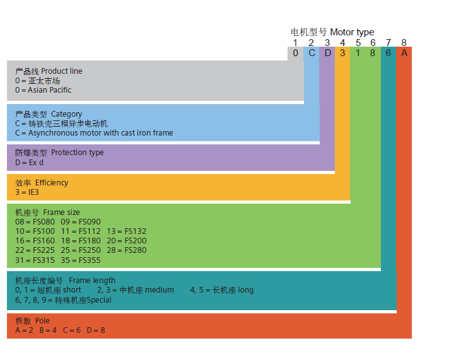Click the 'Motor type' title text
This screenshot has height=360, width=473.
pos(352,32)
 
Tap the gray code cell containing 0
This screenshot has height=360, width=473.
pos(296,53)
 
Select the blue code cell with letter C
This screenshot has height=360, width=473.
pos(312,53)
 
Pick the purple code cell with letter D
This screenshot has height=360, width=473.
pos(327,53)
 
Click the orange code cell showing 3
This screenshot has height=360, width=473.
pos(342,53)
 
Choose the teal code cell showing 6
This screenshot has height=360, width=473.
pos(388,53)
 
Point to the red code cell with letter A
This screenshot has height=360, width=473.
pos(404,53)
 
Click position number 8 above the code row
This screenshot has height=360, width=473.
pos(404,42)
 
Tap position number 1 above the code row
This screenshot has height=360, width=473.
pos(296,42)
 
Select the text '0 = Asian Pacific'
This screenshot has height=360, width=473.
pos(44,90)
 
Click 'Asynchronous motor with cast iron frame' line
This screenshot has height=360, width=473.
pos(100,133)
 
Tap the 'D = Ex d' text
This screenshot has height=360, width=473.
pos(30,162)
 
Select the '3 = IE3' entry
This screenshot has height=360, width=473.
pos(27,192)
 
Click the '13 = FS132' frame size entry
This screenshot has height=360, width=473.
pos(126,231)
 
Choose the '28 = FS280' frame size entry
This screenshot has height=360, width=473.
pos(126,250)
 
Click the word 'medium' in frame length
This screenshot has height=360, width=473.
pos(160,290)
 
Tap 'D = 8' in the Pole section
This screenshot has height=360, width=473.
pos(96,330)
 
